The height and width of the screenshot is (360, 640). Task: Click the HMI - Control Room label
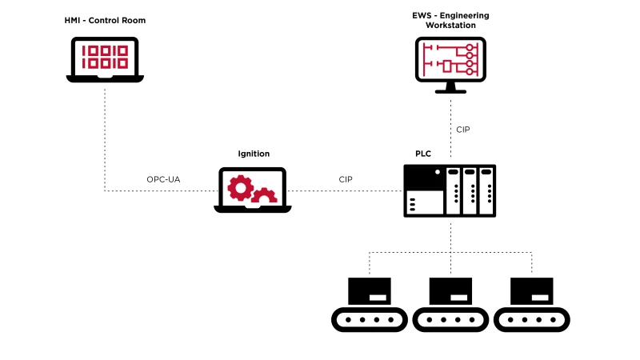tap(106, 19)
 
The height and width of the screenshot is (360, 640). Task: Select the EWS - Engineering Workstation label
tap(450, 19)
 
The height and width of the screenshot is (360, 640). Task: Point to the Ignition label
tap(254, 153)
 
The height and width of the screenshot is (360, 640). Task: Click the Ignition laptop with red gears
tap(252, 190)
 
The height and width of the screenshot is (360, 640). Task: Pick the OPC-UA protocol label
tap(163, 179)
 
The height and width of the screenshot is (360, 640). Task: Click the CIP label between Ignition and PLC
tap(346, 179)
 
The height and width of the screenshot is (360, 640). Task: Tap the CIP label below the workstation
tap(463, 129)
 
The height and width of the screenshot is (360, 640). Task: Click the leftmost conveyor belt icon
tap(370, 305)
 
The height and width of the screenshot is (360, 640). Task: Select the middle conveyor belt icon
tap(450, 305)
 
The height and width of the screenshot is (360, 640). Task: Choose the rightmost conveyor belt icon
tap(531, 305)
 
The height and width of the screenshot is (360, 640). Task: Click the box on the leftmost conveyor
tap(370, 290)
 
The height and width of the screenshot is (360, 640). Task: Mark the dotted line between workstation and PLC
tap(450, 128)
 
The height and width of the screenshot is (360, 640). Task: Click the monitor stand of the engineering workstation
tap(450, 86)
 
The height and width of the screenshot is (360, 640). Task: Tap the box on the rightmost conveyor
tap(531, 290)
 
